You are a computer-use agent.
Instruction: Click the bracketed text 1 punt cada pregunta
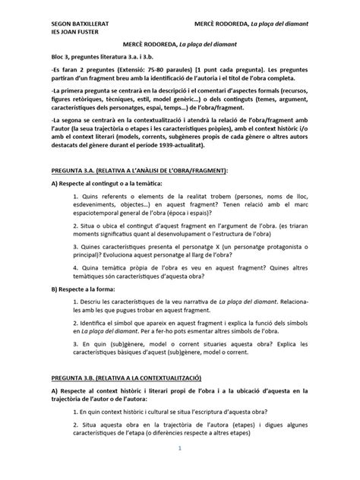[238, 84]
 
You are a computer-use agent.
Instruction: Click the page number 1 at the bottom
[179, 469]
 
